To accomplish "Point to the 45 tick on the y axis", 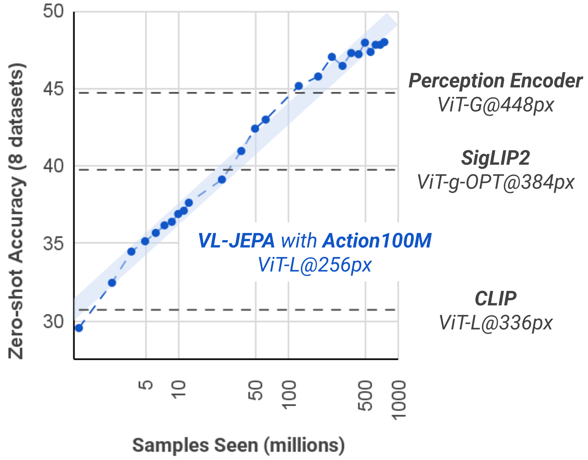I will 53,89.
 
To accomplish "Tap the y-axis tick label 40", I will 53,166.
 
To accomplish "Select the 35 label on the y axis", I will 53,243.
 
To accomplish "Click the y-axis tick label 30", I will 53,322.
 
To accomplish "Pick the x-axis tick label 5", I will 146,385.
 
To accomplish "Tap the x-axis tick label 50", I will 256,391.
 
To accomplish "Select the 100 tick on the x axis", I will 289,395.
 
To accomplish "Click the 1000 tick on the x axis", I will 399,400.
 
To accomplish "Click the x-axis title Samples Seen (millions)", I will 238,445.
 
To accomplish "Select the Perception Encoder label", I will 495,81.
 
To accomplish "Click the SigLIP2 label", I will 495,158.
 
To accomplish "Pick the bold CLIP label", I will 495,299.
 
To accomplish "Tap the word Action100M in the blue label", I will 377,241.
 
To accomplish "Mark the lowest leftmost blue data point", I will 79,328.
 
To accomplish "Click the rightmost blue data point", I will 384,42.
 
